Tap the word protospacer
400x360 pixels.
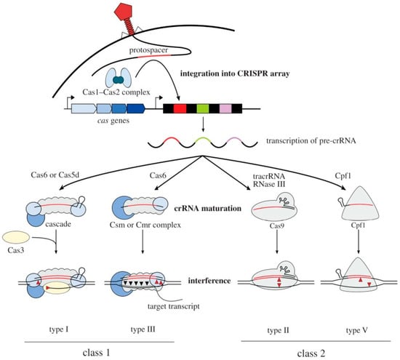click(148, 50)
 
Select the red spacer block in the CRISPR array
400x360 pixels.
click(180, 108)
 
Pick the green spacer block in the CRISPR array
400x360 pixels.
click(203, 108)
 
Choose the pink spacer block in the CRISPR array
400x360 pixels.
click(225, 108)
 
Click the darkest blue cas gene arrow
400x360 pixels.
click(136, 108)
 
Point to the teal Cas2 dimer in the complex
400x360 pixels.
click(118, 80)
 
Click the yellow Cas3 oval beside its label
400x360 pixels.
click(16, 237)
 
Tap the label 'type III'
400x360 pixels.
click(143, 329)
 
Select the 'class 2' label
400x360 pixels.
click(311, 353)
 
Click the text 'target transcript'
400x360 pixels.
click(174, 306)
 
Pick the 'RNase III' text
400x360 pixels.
click(269, 184)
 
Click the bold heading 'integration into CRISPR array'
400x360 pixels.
click(235, 73)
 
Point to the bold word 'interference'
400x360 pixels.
click(209, 281)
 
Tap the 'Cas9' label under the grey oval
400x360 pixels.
click(277, 225)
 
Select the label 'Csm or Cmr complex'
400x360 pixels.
click(145, 225)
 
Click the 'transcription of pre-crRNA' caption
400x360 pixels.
click(311, 141)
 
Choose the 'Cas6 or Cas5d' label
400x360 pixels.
click(55, 175)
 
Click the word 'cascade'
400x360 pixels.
click(58, 224)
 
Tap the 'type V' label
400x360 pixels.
click(357, 330)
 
